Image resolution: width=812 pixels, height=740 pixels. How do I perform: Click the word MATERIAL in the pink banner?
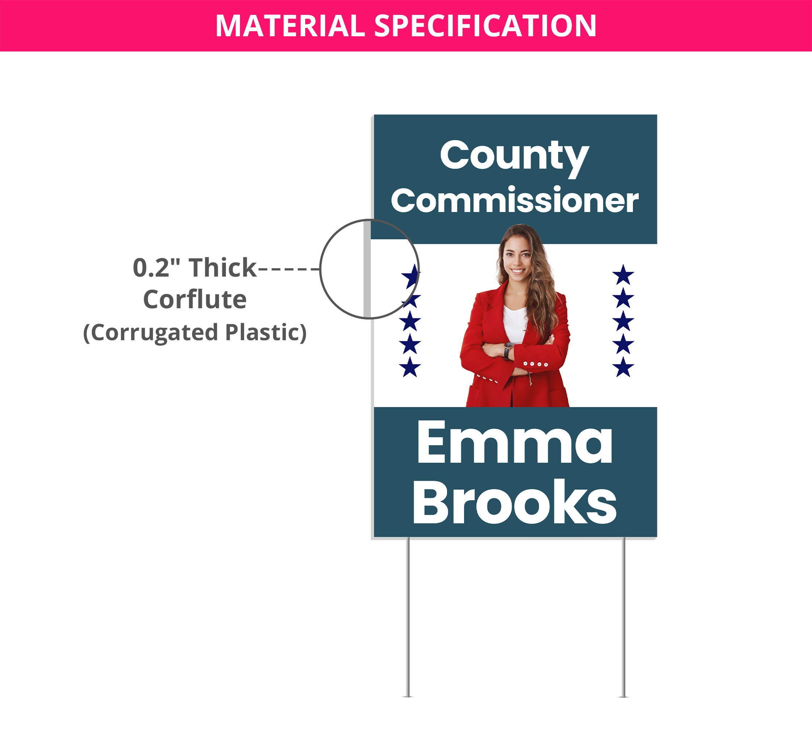(290, 26)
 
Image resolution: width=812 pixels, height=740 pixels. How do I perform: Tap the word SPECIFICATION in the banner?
(485, 26)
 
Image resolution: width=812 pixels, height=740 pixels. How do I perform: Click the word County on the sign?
(514, 157)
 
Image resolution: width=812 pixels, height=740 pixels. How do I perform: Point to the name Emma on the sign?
(515, 442)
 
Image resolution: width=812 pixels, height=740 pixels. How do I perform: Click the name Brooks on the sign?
(514, 502)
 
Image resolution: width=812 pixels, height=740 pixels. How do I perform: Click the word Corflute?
(195, 300)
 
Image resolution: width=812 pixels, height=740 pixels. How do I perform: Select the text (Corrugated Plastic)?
(195, 333)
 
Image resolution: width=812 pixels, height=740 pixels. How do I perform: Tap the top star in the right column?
(623, 275)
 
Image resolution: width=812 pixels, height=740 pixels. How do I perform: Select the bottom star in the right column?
(623, 367)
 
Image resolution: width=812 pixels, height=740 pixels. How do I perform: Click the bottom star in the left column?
(410, 367)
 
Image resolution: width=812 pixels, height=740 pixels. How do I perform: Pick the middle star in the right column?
(623, 321)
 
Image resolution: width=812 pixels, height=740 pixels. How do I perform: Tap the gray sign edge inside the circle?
(367, 269)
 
